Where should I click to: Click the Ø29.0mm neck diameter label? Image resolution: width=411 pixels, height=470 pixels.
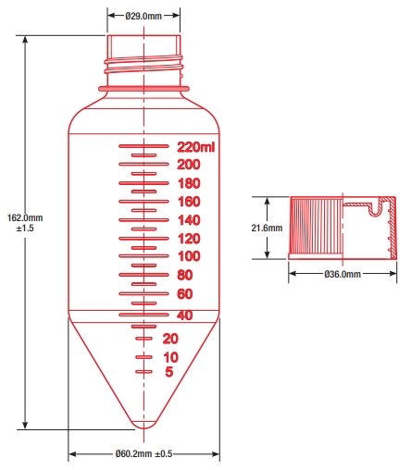pyautogui.click(x=143, y=16)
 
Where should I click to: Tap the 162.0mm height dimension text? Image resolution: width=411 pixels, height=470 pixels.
pyautogui.click(x=25, y=217)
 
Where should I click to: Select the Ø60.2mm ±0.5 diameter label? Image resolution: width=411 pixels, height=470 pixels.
pyautogui.click(x=143, y=453)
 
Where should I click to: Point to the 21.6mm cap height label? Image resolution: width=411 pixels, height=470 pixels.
pyautogui.click(x=267, y=228)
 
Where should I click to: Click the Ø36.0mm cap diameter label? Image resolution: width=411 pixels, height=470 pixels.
pyautogui.click(x=342, y=274)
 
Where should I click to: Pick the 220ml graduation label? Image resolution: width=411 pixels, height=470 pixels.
pyautogui.click(x=195, y=147)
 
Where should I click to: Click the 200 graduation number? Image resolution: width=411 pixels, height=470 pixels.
pyautogui.click(x=189, y=165)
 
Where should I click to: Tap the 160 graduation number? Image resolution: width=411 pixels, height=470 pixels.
pyautogui.click(x=189, y=202)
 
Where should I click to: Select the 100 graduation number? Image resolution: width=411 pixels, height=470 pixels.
pyautogui.click(x=189, y=256)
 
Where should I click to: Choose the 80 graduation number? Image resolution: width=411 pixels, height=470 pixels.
pyautogui.click(x=185, y=275)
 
